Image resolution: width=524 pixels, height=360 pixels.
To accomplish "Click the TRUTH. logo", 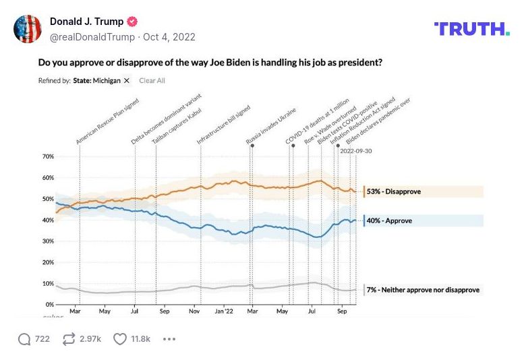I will point(472,28).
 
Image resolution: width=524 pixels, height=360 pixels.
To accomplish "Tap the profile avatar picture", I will point(28,28).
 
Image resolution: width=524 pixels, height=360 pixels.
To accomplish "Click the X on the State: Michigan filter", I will point(127,81).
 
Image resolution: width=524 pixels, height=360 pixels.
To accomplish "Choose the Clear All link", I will point(152,81).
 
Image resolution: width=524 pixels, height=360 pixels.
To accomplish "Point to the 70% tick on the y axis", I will point(48,156).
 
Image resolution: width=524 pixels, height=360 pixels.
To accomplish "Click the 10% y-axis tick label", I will point(48,283).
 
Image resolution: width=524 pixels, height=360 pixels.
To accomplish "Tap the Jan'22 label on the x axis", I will point(225,312).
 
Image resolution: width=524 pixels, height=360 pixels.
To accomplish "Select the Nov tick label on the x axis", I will point(194,312).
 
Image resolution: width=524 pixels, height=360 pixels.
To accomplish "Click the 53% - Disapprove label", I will point(393,191).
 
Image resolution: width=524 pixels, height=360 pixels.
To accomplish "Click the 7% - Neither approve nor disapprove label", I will point(423,290).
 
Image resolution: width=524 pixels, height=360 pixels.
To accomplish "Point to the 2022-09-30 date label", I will point(355,151).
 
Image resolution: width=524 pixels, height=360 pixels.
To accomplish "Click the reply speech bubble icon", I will point(24,339).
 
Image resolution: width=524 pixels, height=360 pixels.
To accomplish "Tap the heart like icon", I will point(119,339).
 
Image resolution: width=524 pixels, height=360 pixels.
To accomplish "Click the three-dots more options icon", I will point(169,339).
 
